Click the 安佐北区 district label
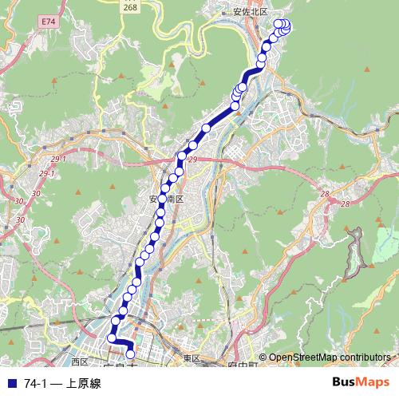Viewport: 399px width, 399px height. pyautogui.click(x=250, y=13)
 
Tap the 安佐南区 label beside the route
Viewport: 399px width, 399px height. pyautogui.click(x=166, y=198)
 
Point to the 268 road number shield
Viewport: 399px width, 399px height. pyautogui.click(x=130, y=7)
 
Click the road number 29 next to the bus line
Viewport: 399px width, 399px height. pyautogui.click(x=192, y=160)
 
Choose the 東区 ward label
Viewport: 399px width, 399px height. pyautogui.click(x=191, y=359)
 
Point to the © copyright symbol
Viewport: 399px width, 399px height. pyautogui.click(x=263, y=358)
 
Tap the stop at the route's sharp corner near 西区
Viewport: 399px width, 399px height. pyautogui.click(x=112, y=339)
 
